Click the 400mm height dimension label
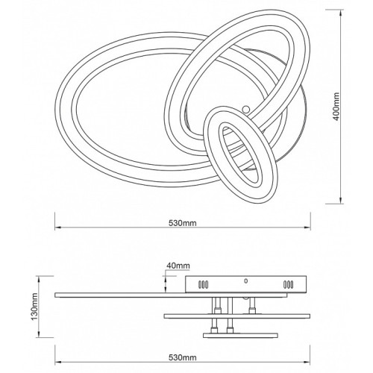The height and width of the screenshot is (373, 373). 336,107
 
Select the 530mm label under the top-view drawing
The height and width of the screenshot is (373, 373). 183,223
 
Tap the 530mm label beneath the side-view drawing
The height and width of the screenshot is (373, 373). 183,357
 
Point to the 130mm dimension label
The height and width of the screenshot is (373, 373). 34,307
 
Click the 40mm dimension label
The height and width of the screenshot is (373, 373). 178,266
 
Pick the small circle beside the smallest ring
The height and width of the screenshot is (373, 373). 246,109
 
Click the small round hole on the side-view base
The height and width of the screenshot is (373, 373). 246,281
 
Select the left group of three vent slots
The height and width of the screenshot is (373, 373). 203,284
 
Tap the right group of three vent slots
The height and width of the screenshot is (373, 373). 288,284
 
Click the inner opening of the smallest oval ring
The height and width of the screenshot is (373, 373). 241,156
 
